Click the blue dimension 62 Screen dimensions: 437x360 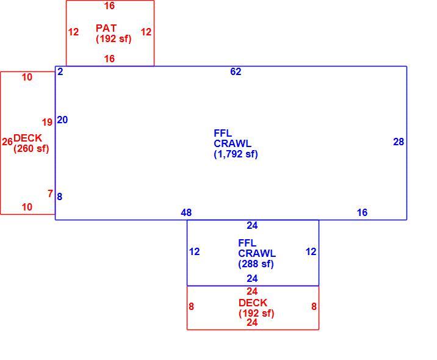coord(236,71)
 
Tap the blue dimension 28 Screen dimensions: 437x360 coord(399,142)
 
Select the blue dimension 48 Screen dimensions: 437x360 coord(186,212)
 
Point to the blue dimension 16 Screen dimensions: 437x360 coord(362,212)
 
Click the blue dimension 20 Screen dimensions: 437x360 coord(62,120)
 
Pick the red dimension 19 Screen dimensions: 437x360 coord(47,122)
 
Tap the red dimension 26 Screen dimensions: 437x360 coord(7,142)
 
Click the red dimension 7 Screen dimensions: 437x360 coord(50,193)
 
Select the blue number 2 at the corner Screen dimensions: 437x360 coord(60,71)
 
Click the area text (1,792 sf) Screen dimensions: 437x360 coord(236,154)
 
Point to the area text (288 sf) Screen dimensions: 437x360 coord(256,264)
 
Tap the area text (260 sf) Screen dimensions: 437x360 coord(31,148)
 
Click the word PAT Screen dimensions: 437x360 coord(106,28)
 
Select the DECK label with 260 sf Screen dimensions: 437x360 coord(27,138)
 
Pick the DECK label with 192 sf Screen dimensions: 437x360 coord(253,303)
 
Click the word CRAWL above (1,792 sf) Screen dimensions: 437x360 coord(233,143)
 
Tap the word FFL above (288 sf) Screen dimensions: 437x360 coord(247,243)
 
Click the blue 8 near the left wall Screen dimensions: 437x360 coord(60,196)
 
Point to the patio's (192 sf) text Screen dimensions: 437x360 coord(114,38)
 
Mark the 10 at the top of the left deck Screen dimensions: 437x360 coord(27,77)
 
